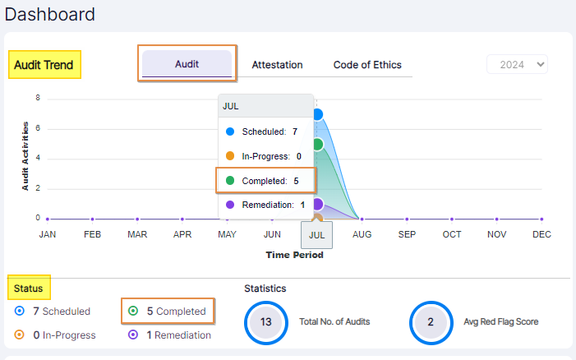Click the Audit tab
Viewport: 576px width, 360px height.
tap(187, 64)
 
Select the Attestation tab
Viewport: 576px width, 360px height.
tap(277, 65)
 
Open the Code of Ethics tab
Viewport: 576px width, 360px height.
tap(367, 65)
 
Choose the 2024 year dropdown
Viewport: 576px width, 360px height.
tap(517, 64)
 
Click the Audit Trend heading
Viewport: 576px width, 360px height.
tap(44, 65)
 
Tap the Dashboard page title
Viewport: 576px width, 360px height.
tap(49, 14)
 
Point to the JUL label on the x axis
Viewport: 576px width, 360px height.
tap(317, 234)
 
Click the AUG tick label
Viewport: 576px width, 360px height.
tap(362, 234)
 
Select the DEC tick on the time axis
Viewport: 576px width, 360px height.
tap(541, 234)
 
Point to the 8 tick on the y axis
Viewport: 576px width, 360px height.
tap(38, 98)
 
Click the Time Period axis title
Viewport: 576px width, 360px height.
tap(294, 255)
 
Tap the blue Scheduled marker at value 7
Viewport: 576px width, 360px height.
tap(317, 114)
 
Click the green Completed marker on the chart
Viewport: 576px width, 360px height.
tap(317, 144)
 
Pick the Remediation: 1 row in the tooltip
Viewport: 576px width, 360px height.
tap(265, 205)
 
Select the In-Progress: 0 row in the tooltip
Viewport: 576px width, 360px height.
tap(265, 156)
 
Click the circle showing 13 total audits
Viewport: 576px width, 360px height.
tap(265, 322)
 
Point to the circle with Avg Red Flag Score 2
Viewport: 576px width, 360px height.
tap(431, 322)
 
